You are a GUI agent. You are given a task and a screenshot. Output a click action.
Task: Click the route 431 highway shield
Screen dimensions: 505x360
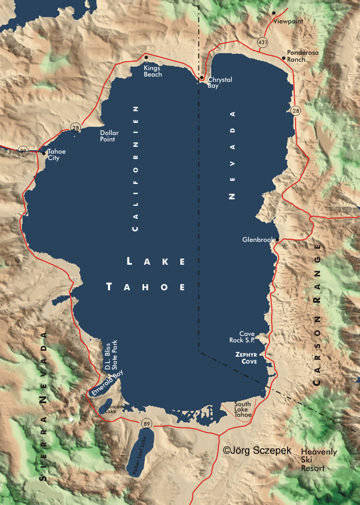click(262, 41)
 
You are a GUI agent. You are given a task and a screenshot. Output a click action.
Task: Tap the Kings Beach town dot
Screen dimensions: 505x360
click(146, 57)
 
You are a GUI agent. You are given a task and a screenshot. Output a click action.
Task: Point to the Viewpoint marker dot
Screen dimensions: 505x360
click(274, 13)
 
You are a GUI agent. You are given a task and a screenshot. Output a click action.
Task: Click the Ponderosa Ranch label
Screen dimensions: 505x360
click(296, 56)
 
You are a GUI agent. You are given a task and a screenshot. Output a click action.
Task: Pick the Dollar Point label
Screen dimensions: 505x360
click(110, 136)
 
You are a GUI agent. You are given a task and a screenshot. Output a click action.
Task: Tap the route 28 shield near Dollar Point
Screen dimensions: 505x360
click(76, 128)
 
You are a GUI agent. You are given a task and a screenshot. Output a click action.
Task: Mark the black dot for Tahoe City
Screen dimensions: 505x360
click(44, 153)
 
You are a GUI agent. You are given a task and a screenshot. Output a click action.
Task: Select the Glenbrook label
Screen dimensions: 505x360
click(258, 240)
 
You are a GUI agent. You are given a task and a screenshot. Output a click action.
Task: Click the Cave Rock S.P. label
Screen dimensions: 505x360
click(247, 337)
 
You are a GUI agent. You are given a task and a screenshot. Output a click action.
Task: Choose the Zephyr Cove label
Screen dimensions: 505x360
click(246, 357)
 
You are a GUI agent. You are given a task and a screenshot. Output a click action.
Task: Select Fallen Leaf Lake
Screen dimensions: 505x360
click(141, 455)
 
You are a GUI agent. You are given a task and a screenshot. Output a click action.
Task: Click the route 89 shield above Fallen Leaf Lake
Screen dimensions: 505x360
click(146, 423)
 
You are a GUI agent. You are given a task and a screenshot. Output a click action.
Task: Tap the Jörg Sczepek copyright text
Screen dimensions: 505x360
click(257, 450)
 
